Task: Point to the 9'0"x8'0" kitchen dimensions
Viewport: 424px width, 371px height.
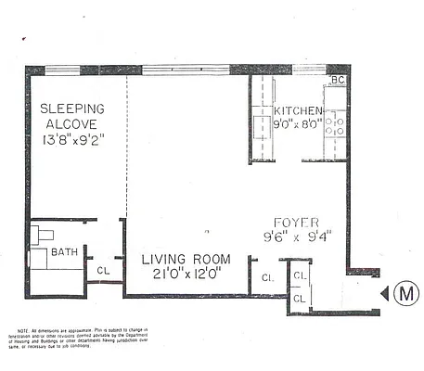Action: click(299, 122)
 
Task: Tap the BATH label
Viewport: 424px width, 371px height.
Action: click(64, 251)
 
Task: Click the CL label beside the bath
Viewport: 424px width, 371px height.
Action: click(102, 271)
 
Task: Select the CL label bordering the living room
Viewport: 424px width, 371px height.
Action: click(266, 277)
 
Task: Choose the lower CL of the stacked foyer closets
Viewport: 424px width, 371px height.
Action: click(298, 299)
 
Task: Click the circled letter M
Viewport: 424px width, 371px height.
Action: click(404, 294)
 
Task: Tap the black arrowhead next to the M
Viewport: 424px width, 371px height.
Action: click(384, 294)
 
